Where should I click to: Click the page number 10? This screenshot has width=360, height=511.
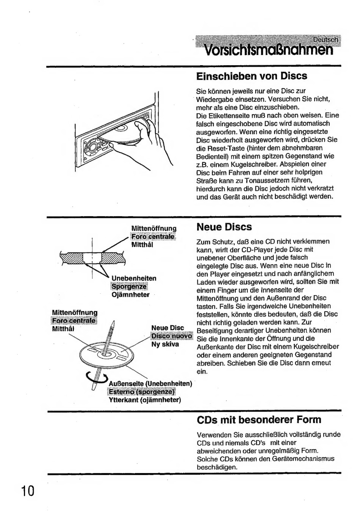pos(28,491)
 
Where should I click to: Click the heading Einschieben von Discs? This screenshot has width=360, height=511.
pos(252,76)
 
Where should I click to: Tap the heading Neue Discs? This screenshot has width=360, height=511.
pos(224,227)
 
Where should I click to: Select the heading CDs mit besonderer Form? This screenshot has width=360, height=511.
pos(259,420)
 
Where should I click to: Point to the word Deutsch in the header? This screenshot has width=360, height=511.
pos(325,40)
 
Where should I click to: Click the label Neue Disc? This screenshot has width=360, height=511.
pos(167,328)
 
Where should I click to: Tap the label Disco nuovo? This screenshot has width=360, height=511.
pos(172,336)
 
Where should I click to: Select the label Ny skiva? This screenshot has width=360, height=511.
pos(165,345)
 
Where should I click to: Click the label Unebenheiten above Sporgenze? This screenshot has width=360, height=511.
pos(134,278)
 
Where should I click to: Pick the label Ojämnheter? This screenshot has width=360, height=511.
pos(130,295)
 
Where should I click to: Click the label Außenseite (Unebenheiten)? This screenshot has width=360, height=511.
pos(150,383)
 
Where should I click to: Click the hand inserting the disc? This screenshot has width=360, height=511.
pos(148,140)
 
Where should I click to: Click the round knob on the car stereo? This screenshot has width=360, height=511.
pos(92,146)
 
